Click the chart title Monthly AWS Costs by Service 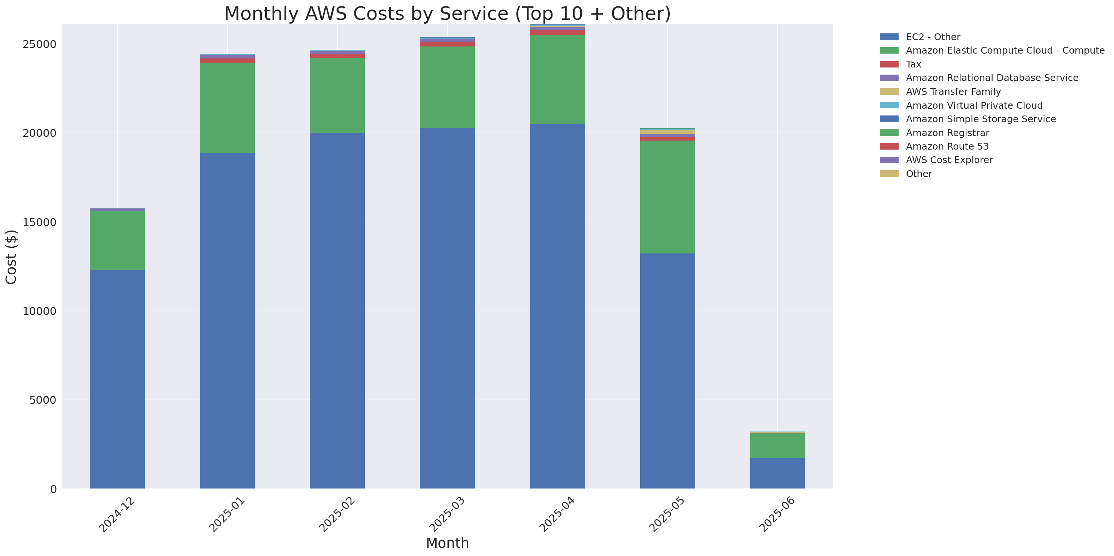tap(447, 13)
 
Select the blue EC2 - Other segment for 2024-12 tap(117, 379)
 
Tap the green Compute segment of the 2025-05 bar tap(667, 197)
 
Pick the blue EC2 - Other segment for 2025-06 tap(777, 474)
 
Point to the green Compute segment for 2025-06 tap(777, 445)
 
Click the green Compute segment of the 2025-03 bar tap(447, 87)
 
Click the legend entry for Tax tap(913, 64)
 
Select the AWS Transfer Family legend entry tap(953, 92)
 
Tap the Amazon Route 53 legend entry tap(947, 146)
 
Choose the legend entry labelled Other tap(918, 174)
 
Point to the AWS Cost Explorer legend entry tap(949, 160)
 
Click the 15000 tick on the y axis tap(39, 222)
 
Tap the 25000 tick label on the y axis tap(39, 45)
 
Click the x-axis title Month tap(447, 543)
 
